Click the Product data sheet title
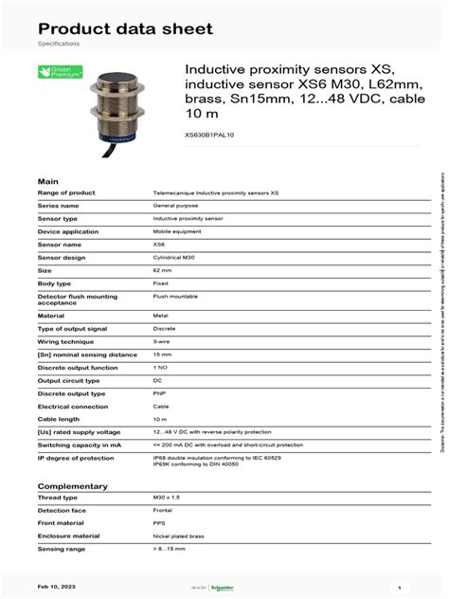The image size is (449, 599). (x=125, y=28)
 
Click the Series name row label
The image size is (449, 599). (x=59, y=205)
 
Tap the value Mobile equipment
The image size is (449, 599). (x=177, y=231)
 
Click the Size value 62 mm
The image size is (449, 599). (x=163, y=270)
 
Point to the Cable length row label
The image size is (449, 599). (x=60, y=419)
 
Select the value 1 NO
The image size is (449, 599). (x=160, y=367)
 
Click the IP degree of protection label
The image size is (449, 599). (x=76, y=457)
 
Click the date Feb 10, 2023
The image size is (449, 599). (x=59, y=587)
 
